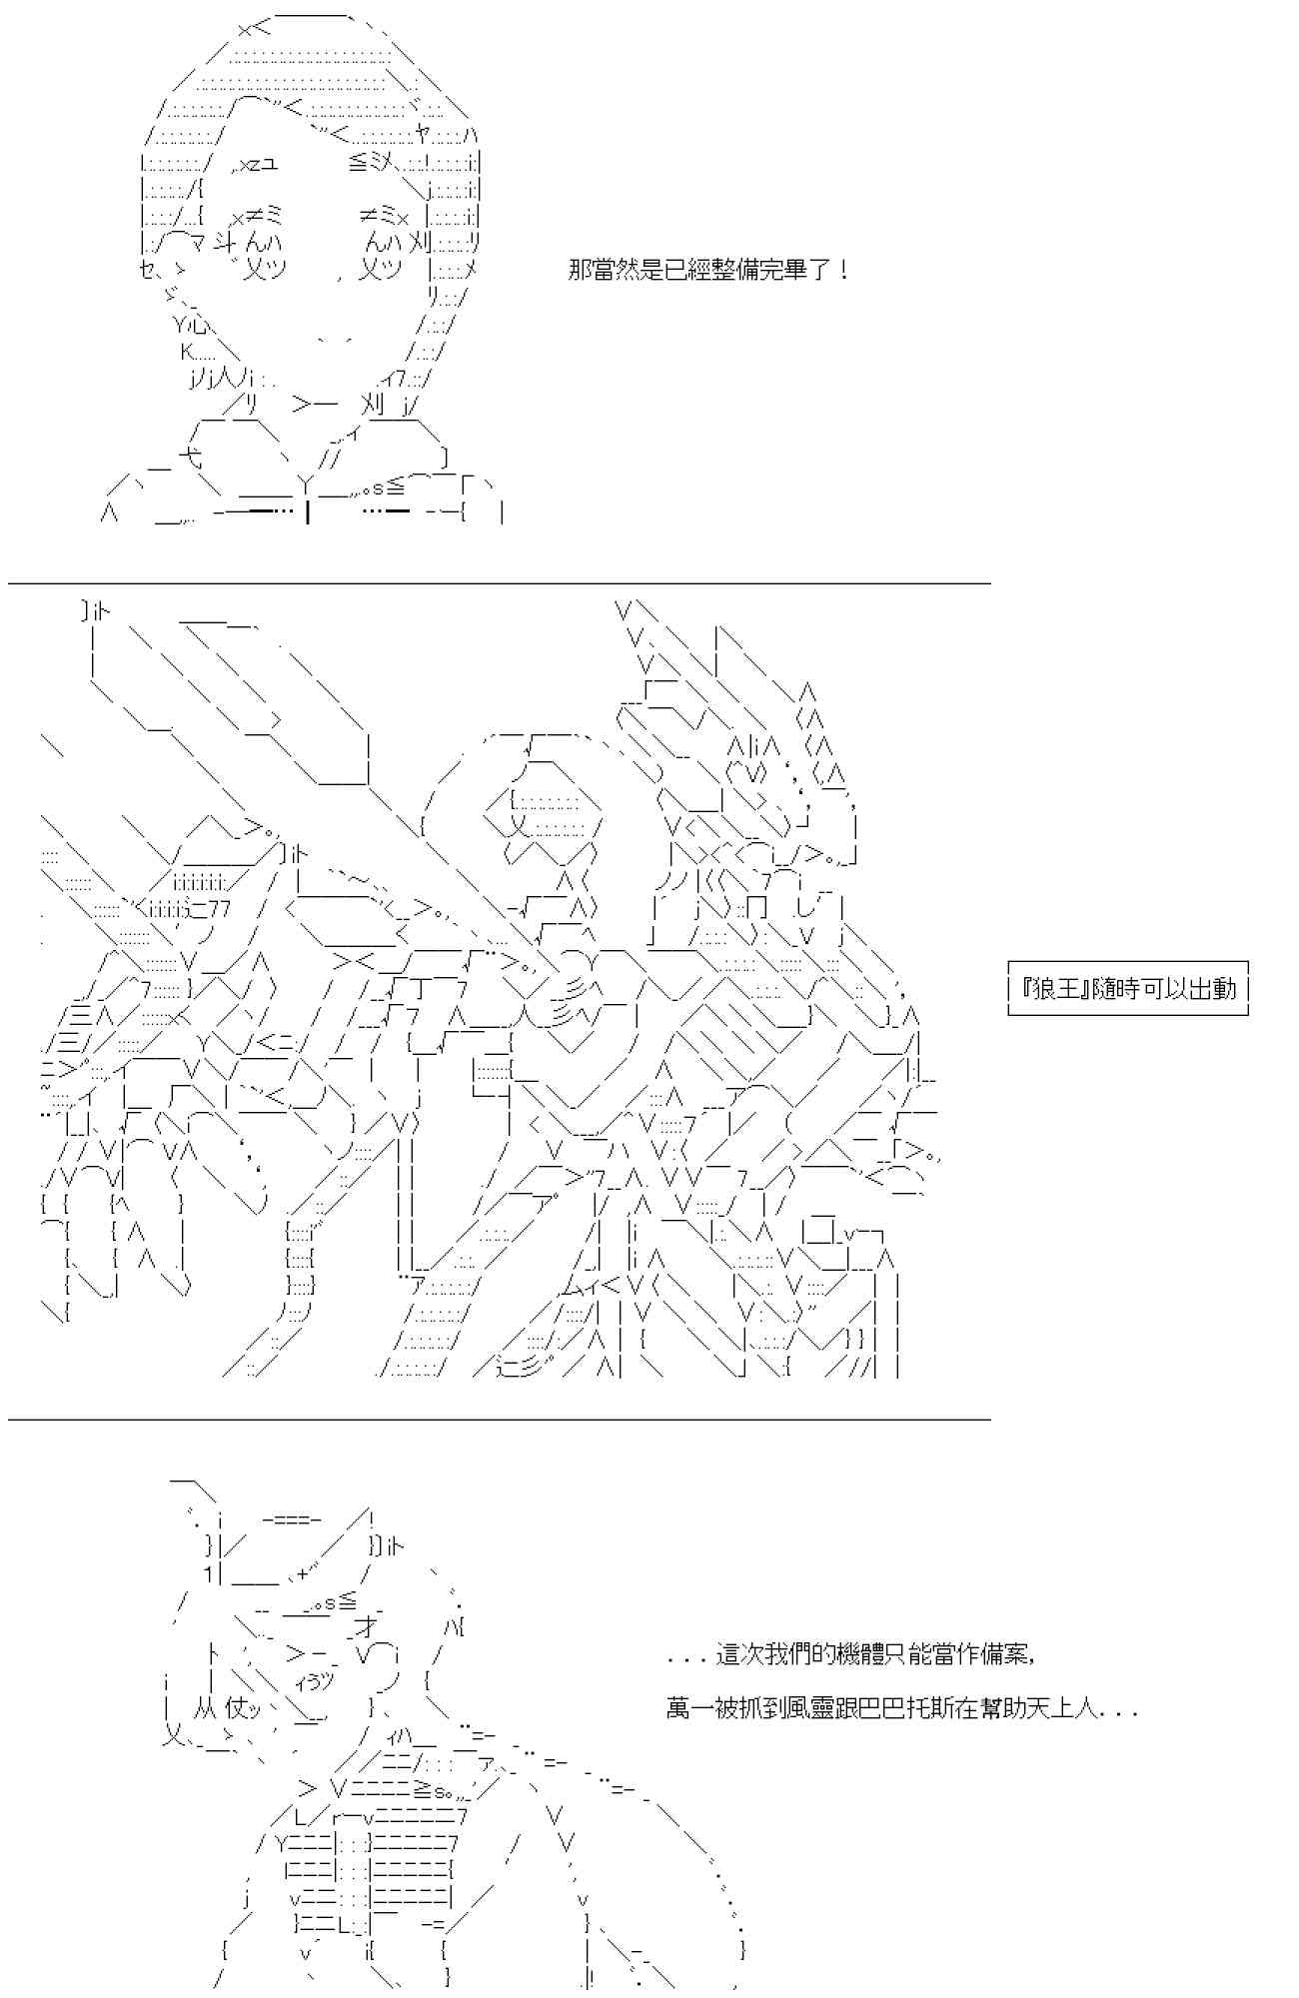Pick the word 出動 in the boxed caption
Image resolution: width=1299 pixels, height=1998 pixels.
click(1213, 989)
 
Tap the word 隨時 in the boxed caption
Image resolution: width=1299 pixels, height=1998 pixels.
click(1116, 989)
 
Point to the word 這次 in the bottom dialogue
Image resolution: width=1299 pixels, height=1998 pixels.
click(739, 1655)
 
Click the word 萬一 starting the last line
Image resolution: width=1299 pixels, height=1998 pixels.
click(690, 1709)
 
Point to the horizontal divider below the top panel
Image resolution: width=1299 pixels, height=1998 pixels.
click(500, 583)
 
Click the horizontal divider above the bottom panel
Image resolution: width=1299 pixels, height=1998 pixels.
click(500, 1419)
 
